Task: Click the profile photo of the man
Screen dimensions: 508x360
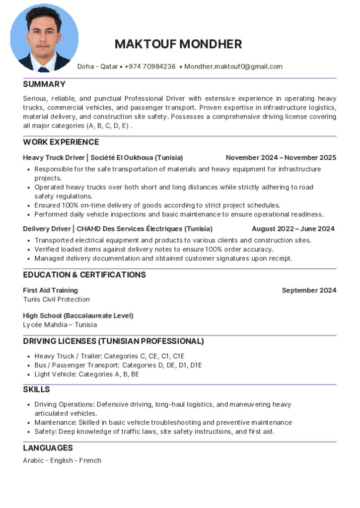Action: (44, 38)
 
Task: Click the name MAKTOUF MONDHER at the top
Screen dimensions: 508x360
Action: (178, 44)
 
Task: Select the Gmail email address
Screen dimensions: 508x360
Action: (233, 66)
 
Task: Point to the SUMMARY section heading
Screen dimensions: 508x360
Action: (44, 84)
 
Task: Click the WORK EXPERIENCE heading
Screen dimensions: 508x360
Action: (61, 142)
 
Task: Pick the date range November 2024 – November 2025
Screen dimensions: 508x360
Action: (281, 158)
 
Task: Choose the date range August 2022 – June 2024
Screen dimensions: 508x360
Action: (293, 229)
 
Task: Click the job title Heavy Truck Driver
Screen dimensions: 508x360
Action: (54, 158)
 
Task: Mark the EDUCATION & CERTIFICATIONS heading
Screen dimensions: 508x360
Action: (84, 275)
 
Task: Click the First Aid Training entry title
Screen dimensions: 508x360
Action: (50, 290)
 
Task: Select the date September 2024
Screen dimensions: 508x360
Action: (309, 290)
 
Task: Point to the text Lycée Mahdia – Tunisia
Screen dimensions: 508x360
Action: (60, 325)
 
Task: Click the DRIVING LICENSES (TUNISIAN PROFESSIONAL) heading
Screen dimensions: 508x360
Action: (113, 341)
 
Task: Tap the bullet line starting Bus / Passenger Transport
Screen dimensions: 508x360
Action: (118, 365)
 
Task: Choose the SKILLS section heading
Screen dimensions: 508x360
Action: (36, 389)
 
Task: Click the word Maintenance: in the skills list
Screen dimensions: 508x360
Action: (55, 423)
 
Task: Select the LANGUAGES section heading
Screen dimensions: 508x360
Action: (48, 448)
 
